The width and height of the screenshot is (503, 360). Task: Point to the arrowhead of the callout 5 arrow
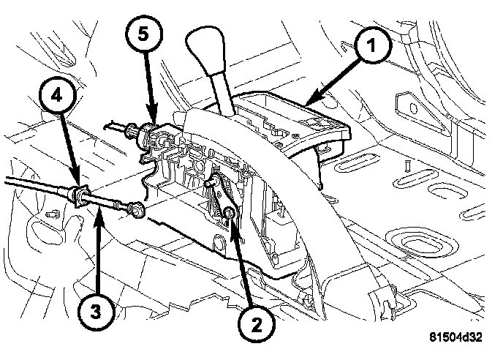coord(154,123)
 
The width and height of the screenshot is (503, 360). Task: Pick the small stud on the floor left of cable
coord(52,215)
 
